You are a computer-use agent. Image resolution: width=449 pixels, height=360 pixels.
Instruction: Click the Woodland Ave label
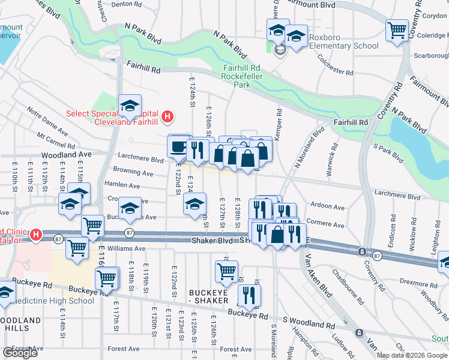[66, 154]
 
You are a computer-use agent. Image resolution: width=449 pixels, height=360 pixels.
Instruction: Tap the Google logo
[20, 352]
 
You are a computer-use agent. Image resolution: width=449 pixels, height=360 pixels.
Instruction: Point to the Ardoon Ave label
[328, 206]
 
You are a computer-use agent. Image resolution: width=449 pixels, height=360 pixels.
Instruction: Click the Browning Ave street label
[136, 173]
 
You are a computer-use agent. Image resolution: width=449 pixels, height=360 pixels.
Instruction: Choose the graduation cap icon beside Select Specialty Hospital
[130, 106]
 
